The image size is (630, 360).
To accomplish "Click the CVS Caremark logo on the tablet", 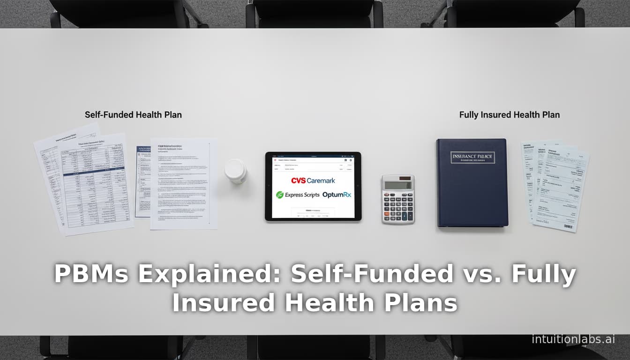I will (x=313, y=180).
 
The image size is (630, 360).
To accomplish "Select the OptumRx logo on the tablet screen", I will (x=337, y=195).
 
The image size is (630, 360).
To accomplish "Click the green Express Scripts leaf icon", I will (x=280, y=195).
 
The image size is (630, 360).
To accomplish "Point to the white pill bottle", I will (x=235, y=171).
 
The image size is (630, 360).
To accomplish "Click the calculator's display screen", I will (x=398, y=185).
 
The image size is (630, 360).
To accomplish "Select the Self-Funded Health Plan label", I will (x=133, y=115).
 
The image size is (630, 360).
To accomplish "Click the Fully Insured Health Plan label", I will (x=509, y=115).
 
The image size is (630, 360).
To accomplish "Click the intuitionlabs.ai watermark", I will (x=573, y=339).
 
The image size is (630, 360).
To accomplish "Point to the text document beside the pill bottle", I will (x=184, y=183).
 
